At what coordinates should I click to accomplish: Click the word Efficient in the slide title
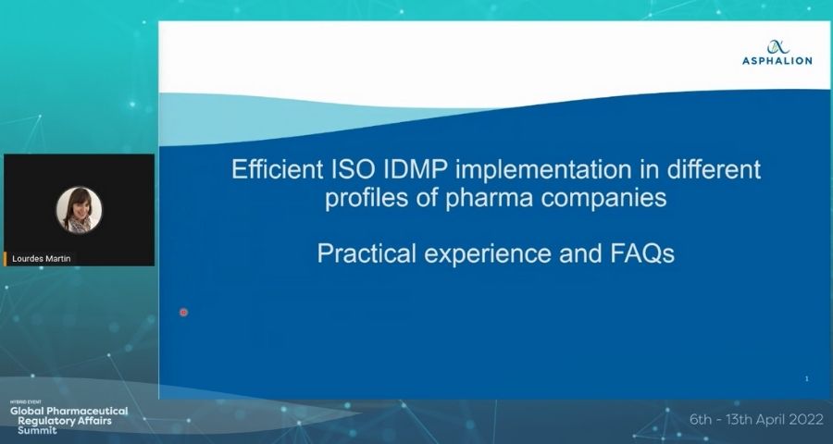[x=277, y=170]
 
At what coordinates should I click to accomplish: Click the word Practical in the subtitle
[x=367, y=253]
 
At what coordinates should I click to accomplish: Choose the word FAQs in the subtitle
[x=642, y=253]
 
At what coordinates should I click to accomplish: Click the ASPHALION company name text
[x=777, y=61]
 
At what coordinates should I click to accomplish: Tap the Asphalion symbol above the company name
[x=777, y=47]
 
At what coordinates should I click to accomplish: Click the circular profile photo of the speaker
[x=80, y=210]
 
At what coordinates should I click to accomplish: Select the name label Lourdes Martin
[x=42, y=259]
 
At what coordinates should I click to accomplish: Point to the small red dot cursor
[x=183, y=313]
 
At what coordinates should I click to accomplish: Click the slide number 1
[x=806, y=378]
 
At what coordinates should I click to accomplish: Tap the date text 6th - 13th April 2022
[x=756, y=420]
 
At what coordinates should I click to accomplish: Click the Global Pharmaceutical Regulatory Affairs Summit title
[x=69, y=420]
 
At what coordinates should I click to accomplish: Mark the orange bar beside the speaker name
[x=6, y=259]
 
